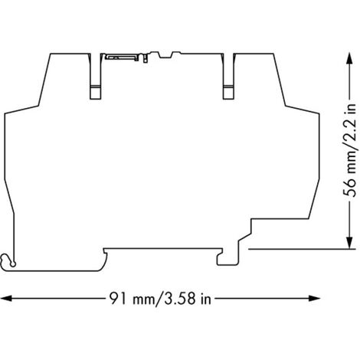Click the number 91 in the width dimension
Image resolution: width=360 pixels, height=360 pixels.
tap(118, 298)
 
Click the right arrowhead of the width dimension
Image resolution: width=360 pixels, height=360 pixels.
tap(314, 298)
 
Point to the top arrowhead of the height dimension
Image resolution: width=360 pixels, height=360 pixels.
tap(349, 58)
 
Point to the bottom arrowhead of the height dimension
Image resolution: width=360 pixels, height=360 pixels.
tap(349, 243)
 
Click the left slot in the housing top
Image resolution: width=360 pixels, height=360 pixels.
tap(96, 77)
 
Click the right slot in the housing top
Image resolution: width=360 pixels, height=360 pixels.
tap(228, 77)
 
